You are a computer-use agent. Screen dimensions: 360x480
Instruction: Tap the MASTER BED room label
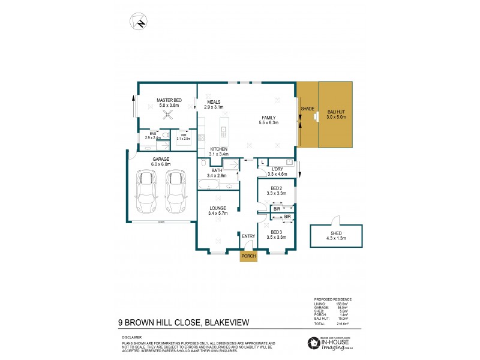coord(169,100)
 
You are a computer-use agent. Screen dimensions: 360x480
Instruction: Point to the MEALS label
coord(214,102)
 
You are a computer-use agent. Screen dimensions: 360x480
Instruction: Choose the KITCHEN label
coord(218,149)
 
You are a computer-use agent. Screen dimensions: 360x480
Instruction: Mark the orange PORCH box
coord(248,256)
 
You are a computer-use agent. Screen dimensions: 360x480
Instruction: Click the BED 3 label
coord(276,232)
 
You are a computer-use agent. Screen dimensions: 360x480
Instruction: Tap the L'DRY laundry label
coord(277,169)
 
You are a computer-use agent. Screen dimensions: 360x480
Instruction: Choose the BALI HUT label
coord(336,112)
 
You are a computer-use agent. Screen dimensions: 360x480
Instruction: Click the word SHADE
coord(307,109)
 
